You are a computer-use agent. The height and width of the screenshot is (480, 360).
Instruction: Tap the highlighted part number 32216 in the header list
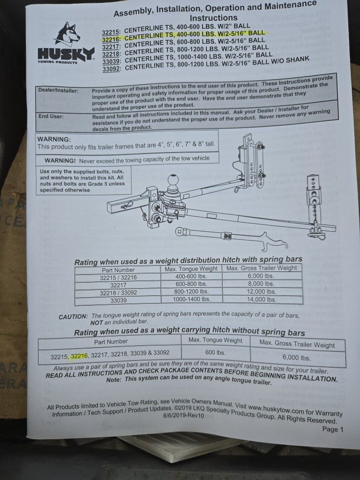tap(110, 39)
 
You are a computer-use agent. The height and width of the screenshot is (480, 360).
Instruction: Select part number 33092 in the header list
tap(111, 68)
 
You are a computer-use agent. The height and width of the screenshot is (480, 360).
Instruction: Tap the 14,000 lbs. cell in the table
tap(262, 299)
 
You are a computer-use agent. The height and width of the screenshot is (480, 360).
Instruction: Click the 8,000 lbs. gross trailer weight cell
tap(262, 283)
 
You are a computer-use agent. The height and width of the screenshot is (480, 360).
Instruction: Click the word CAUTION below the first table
tap(73, 317)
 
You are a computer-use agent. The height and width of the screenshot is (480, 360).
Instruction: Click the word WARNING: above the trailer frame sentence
tap(54, 139)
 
